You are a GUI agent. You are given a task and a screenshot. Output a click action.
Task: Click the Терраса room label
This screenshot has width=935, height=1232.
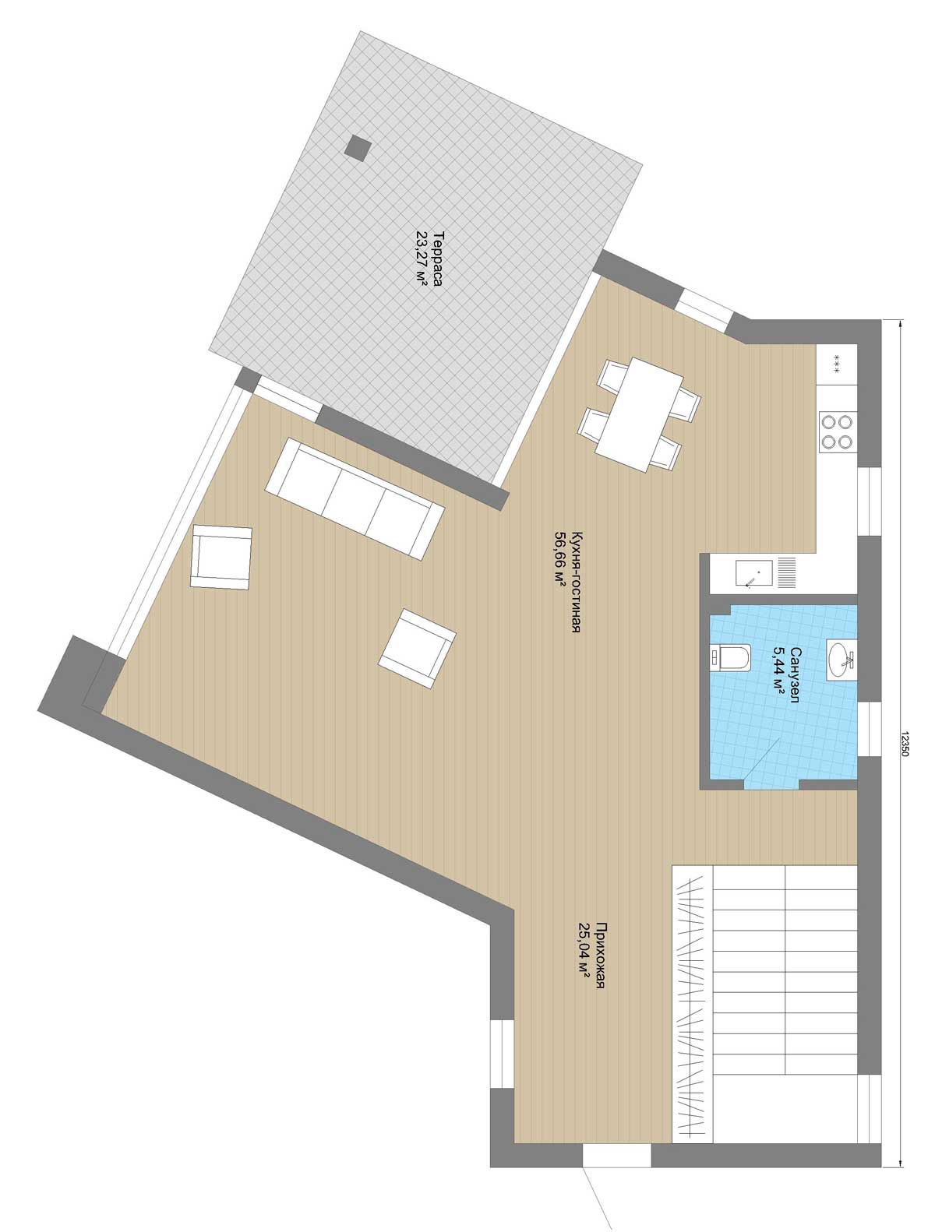coord(436,259)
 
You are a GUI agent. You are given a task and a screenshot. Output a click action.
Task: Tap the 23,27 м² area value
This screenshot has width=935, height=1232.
coord(422,259)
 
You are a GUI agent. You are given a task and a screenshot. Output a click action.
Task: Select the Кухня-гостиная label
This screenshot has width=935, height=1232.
coord(575,581)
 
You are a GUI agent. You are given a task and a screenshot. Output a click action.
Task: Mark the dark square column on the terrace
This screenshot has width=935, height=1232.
coord(358,147)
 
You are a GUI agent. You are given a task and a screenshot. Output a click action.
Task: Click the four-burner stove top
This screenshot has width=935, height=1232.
coord(837,431)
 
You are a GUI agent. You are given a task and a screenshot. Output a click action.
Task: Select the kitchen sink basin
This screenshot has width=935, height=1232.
coord(755,574)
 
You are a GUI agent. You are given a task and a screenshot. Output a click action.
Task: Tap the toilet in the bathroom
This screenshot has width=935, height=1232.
coord(730,658)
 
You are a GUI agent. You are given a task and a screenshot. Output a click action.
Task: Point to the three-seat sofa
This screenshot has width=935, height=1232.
coord(355,498)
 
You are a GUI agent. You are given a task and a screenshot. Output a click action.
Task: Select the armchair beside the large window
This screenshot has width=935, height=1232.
coord(221,558)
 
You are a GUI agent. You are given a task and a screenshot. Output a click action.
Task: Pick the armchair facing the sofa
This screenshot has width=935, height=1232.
coord(417,649)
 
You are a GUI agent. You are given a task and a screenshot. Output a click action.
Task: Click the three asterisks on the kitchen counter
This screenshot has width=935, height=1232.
coord(837,364)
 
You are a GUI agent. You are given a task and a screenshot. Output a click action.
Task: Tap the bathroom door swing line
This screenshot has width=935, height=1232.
coord(761,759)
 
